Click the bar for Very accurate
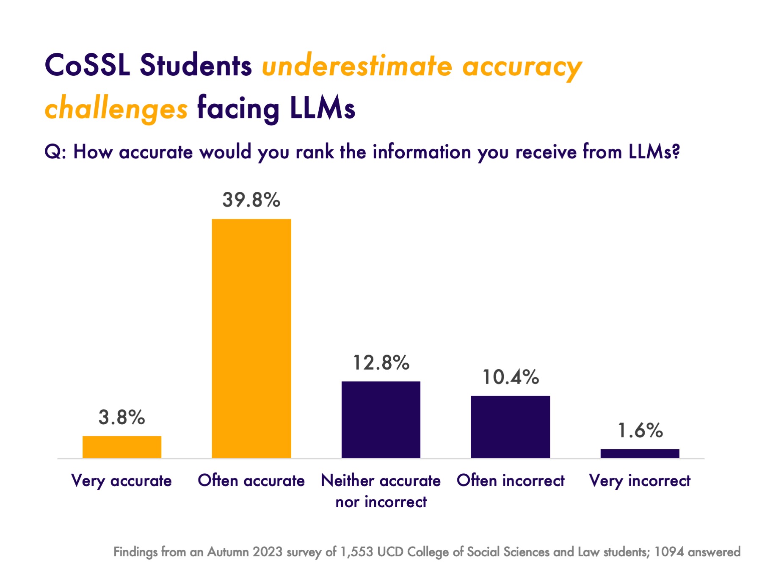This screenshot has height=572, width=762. click(x=122, y=447)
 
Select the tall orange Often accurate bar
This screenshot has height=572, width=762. click(x=251, y=338)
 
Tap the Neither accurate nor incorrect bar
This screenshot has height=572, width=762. click(x=381, y=420)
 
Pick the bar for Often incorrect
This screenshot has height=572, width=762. click(x=511, y=427)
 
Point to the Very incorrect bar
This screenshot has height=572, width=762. click(x=640, y=453)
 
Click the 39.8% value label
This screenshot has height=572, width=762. click(x=251, y=200)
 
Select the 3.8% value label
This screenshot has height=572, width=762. click(x=122, y=417)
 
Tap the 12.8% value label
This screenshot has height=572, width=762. click(x=381, y=363)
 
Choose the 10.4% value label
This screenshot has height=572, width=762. click(x=511, y=377)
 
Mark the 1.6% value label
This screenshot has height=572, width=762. click(x=640, y=431)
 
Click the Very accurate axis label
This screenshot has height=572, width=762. click(x=122, y=481)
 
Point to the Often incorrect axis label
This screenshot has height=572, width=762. click(x=511, y=481)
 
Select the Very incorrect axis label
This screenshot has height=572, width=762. click(x=640, y=481)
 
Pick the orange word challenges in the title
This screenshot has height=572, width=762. click(x=116, y=109)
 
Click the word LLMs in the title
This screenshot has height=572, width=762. click(x=323, y=108)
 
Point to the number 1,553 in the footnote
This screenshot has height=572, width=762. click(x=357, y=552)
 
